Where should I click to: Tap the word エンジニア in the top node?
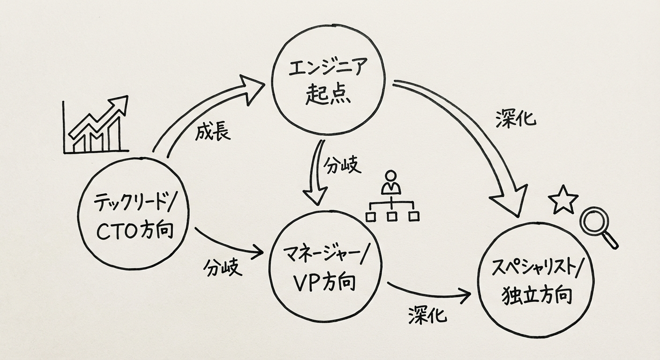(x=328, y=69)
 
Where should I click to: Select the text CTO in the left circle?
(x=113, y=231)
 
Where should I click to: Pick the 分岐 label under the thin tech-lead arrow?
(x=223, y=268)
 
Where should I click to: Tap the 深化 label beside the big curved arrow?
(x=516, y=119)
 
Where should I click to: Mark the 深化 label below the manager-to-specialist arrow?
(x=427, y=316)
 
